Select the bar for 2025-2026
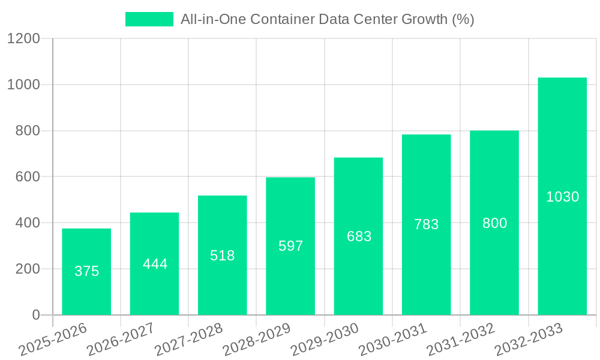[x=86, y=272]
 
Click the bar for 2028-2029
[x=290, y=246]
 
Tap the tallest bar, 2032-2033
[x=562, y=196]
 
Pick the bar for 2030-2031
[x=426, y=224]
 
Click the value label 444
[x=155, y=264]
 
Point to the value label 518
[x=223, y=256]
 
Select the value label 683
[x=359, y=236]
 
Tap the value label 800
[x=494, y=223]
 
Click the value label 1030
[x=562, y=197]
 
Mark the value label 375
[x=86, y=271]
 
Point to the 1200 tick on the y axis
[x=23, y=39]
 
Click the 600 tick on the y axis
[x=28, y=177]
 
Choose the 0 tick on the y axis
[x=35, y=315]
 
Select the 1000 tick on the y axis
[x=23, y=85]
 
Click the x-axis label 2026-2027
[x=121, y=340]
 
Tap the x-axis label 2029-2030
[x=325, y=340]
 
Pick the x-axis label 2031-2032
[x=461, y=340]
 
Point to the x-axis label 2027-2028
[x=188, y=340]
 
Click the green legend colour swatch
[x=149, y=19]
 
